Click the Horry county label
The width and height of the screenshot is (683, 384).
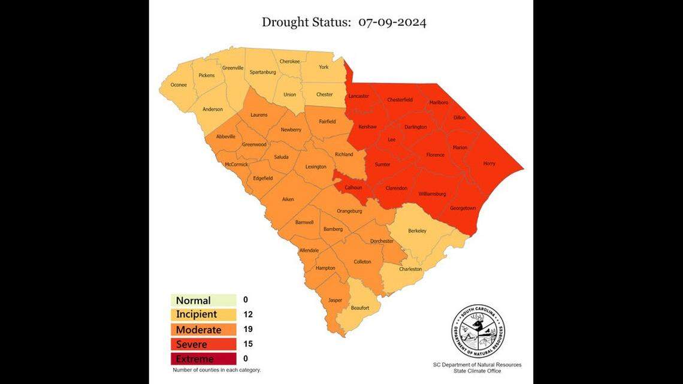(489, 164)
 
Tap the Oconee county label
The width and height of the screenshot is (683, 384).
(179, 85)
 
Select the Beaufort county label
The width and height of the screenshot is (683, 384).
(360, 308)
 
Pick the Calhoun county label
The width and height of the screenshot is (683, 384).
(353, 188)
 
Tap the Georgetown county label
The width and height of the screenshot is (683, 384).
(463, 208)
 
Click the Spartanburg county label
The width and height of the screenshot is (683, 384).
(262, 72)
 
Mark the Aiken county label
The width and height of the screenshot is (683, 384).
(288, 199)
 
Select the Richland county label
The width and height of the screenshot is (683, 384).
(344, 154)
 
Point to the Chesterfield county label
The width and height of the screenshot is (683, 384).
(400, 99)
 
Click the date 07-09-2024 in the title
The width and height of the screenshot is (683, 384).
(392, 23)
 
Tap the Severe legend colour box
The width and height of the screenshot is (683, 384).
(203, 344)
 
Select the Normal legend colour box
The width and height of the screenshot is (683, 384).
(203, 300)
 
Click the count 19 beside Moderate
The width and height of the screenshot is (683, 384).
(248, 329)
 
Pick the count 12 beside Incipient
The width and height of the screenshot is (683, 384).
(248, 315)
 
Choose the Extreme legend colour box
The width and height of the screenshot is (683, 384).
(203, 359)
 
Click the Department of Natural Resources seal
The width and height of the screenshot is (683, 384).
(478, 331)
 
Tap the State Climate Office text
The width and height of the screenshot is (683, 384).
(478, 371)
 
